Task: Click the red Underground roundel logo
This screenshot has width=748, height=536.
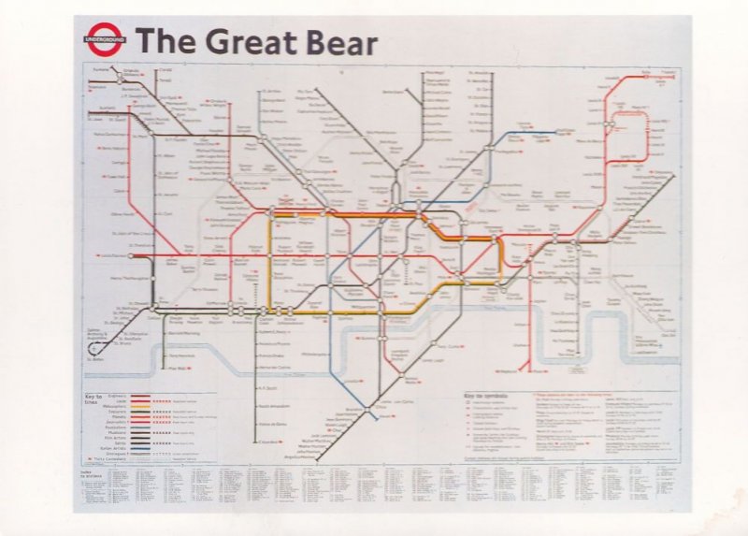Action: [103, 41]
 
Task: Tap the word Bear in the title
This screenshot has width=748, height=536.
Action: [341, 43]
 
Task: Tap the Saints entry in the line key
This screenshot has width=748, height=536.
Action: [119, 442]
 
